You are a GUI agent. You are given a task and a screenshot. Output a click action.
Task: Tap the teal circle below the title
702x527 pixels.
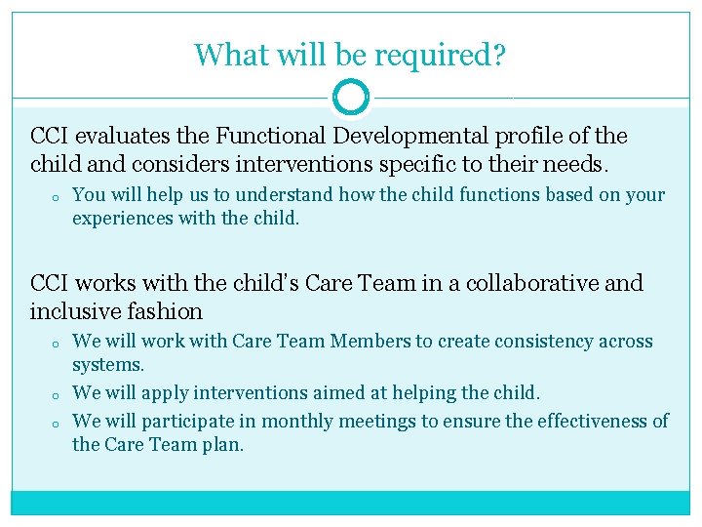tap(351, 97)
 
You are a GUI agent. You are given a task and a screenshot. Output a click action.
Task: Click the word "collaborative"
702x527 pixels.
tap(524, 283)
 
